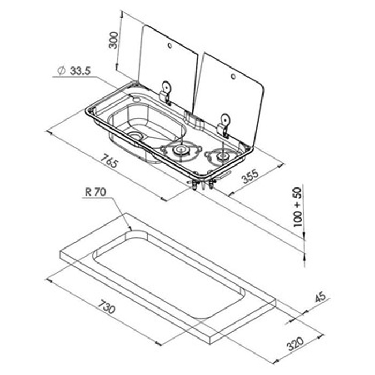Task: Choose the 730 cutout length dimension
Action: [x=108, y=311]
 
